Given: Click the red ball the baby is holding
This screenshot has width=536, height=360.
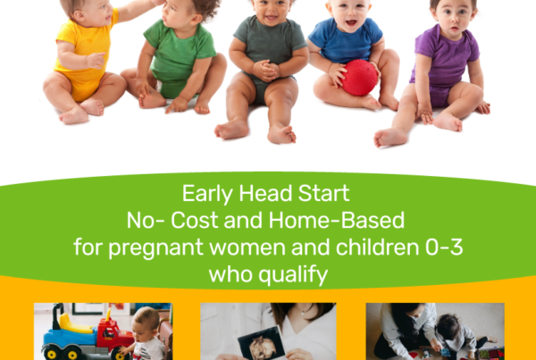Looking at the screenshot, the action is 360,78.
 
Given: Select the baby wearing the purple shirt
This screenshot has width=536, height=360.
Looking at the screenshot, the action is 441,69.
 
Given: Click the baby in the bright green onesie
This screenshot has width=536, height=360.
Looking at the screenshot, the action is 178,58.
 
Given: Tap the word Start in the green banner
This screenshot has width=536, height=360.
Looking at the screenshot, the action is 323,193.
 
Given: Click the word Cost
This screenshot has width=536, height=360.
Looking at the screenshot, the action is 194,220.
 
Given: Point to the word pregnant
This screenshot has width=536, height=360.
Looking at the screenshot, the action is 155,247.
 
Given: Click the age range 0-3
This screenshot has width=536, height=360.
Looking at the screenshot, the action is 444,247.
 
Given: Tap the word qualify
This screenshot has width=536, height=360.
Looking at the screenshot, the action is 293,274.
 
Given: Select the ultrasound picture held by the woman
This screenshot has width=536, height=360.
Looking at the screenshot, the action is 261,344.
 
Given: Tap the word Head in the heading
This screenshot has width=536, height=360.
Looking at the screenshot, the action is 265,193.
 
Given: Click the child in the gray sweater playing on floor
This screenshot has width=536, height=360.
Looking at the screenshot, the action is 458,337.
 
